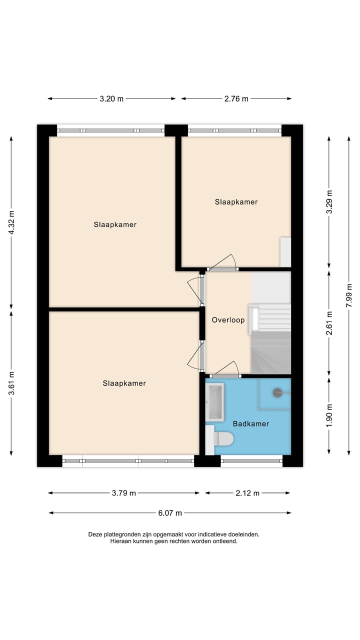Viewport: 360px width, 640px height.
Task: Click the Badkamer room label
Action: click(251, 423)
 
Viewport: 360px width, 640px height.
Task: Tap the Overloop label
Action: click(228, 319)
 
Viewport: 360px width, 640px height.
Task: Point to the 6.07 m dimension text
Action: click(169, 512)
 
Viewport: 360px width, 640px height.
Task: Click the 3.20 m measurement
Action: click(111, 98)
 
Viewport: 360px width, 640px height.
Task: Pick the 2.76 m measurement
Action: click(236, 98)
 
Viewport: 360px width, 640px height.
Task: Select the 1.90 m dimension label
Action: click(329, 415)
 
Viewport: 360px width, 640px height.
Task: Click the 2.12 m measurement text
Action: click(247, 493)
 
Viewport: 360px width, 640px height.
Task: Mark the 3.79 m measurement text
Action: click(123, 493)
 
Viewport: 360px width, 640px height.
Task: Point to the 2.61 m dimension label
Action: click(329, 322)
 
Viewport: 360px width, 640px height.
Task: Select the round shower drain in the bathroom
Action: click(277, 393)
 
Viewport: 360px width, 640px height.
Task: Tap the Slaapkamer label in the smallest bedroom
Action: click(236, 202)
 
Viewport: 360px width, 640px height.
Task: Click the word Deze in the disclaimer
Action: click(95, 534)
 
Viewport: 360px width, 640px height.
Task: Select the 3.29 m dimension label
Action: click(329, 202)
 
